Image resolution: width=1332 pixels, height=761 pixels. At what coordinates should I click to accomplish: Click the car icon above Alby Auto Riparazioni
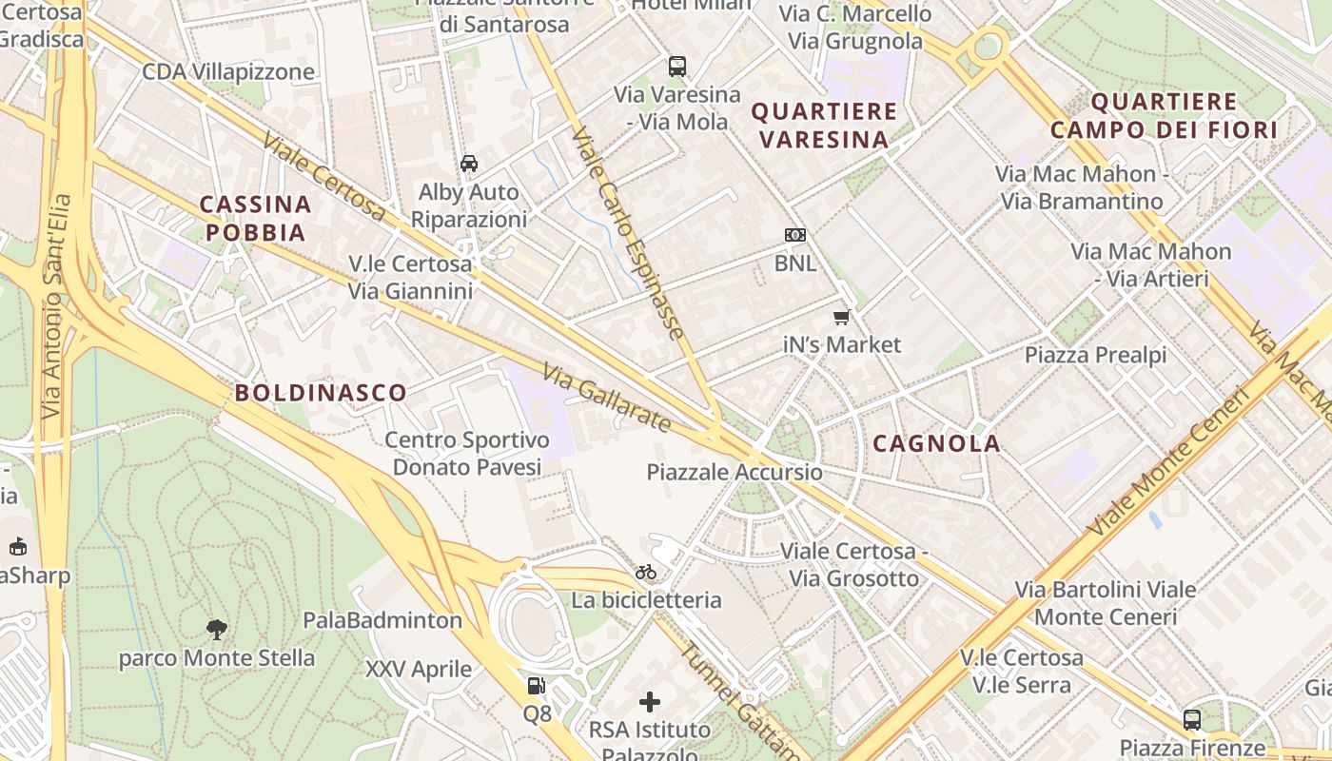click(x=469, y=164)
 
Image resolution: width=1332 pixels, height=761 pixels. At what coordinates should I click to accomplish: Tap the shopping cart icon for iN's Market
click(x=841, y=317)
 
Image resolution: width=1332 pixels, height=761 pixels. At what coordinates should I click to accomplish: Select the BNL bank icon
click(x=795, y=235)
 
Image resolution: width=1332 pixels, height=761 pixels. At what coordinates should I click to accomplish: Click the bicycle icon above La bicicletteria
click(x=646, y=572)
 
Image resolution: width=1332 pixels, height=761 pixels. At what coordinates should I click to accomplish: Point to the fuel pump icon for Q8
click(x=537, y=686)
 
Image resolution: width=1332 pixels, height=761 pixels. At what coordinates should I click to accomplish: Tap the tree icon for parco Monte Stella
click(x=217, y=629)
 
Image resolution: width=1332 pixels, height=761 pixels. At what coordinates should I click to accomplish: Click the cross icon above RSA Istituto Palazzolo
click(x=650, y=702)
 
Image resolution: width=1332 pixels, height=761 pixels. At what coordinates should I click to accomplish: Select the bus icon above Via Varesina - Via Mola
click(x=677, y=67)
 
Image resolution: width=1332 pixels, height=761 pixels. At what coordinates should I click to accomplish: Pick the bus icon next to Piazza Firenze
click(x=1192, y=720)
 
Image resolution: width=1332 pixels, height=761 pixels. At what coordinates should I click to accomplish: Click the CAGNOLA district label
click(x=936, y=443)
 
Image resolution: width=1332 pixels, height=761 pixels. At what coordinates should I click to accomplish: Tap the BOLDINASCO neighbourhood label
click(x=321, y=393)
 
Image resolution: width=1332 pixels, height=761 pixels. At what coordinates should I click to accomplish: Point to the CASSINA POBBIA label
click(x=256, y=218)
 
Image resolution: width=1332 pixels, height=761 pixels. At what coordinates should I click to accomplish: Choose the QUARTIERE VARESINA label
click(x=824, y=125)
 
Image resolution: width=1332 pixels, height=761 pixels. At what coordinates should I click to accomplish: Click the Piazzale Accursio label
click(x=735, y=472)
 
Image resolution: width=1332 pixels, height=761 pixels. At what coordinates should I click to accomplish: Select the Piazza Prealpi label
click(x=1095, y=356)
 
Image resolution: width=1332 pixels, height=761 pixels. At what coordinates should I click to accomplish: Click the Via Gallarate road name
click(x=606, y=398)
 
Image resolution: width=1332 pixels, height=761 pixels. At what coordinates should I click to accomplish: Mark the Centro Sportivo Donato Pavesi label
click(x=467, y=454)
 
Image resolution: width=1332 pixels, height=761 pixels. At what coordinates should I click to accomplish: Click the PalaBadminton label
click(x=382, y=620)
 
